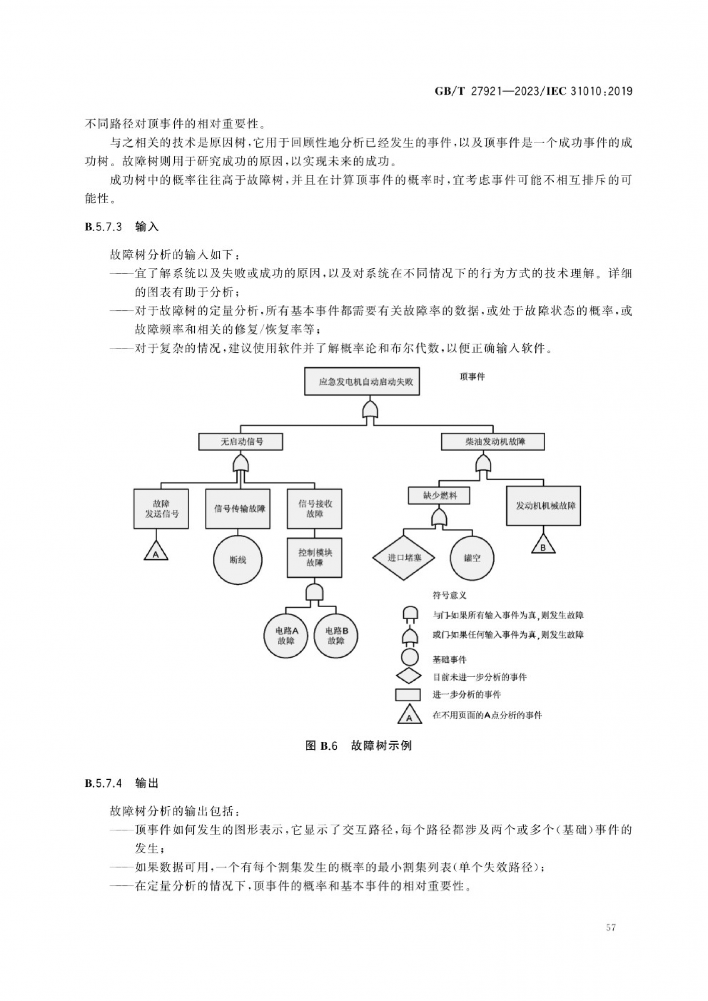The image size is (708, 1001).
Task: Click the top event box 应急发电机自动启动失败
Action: coord(362,381)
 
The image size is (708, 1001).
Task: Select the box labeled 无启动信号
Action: coord(241,442)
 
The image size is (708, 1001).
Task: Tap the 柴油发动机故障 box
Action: coord(492,442)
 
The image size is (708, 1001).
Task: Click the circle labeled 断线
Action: coord(238,560)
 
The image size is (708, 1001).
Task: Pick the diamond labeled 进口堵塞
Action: coord(404,558)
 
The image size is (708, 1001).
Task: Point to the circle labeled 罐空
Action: coord(472,558)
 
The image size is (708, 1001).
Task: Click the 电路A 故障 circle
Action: coord(286,636)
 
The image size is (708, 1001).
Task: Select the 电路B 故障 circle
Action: coord(336,636)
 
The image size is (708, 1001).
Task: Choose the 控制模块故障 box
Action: coord(314,558)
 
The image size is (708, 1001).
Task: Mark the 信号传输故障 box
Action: coord(238,509)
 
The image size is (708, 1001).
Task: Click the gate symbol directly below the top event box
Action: coord(370,410)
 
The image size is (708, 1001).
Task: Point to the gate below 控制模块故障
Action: coord(314,592)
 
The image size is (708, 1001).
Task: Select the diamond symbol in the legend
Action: coord(409,676)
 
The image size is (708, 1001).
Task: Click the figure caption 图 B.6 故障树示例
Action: coord(358,746)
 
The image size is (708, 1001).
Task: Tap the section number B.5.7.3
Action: coord(103,227)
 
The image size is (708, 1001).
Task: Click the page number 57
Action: coord(611,927)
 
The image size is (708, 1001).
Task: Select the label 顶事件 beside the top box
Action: coord(472,377)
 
